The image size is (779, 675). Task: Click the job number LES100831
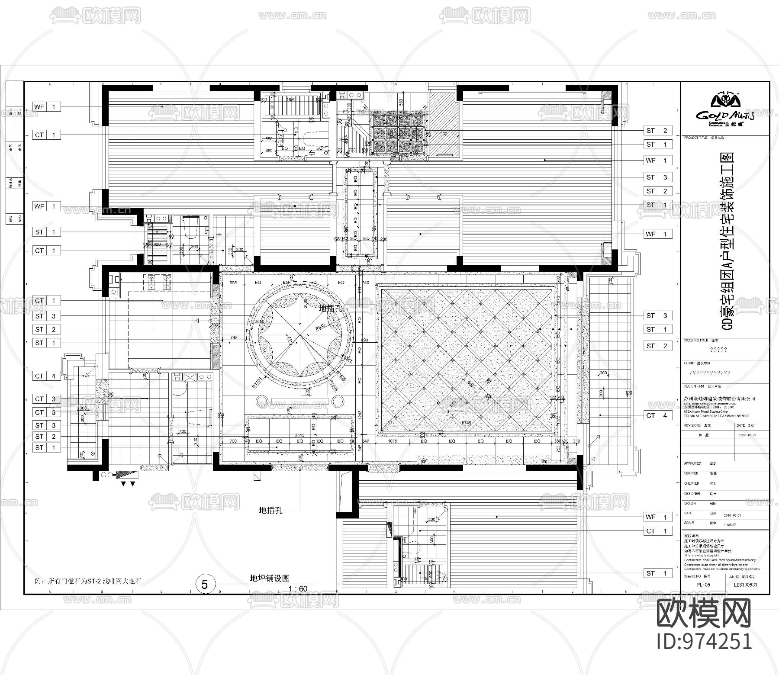743,585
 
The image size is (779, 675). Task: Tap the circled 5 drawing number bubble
205,585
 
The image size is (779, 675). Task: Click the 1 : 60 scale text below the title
297,588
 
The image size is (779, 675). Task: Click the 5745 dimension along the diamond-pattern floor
466,423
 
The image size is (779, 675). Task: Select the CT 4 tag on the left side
47,376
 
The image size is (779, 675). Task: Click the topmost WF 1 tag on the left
47,107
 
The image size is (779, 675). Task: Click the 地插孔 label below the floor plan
271,510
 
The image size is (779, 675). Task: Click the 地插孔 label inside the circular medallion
331,309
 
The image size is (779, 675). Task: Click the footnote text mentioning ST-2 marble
88,581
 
